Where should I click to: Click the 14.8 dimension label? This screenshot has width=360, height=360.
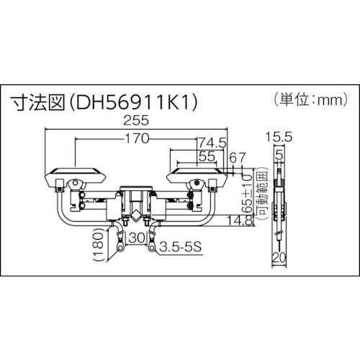tap(233, 220)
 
